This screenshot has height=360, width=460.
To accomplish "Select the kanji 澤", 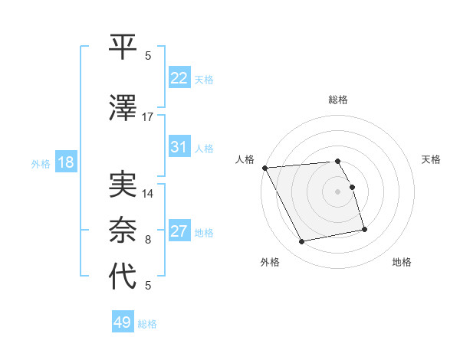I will pos(123,109).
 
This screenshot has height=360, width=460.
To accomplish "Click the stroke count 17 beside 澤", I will pos(148,117).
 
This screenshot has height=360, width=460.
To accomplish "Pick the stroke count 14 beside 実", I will pos(148,194).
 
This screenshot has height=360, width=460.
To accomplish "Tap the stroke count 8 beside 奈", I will pos(148,240).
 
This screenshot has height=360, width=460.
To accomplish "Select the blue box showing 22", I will pos(179,78).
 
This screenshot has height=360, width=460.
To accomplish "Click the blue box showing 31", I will pos(179,147).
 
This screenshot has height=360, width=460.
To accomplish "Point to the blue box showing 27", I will pos(179,231).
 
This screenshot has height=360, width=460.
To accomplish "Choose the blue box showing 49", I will pos(123,322).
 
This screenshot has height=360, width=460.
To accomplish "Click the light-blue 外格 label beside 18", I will pos(40,163).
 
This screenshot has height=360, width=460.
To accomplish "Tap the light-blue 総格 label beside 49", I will pos(147,324).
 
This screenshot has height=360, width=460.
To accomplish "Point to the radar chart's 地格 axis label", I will pos(402,263).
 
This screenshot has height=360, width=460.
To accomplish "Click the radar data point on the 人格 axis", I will pos(264,168).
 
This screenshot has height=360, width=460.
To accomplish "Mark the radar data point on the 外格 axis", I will pos(302,242).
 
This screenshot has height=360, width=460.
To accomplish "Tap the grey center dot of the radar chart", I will pos(337,191).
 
